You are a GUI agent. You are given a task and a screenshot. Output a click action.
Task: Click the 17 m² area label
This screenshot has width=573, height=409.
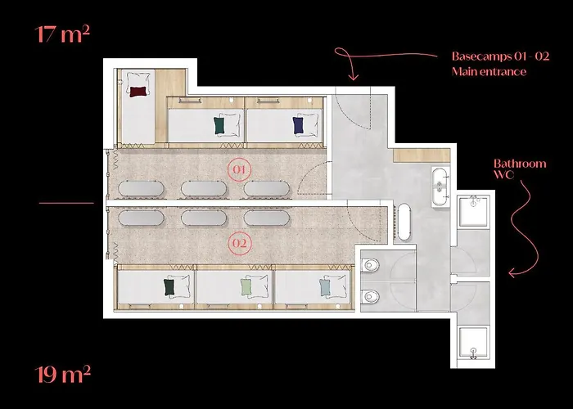(62, 35)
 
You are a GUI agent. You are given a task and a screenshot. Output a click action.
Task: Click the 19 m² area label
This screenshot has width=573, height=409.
(62, 375)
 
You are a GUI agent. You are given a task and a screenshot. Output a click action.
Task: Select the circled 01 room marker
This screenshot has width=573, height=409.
(239, 170)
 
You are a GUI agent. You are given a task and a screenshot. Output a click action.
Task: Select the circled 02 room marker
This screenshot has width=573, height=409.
(239, 243)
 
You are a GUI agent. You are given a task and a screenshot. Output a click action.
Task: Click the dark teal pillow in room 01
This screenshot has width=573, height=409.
(219, 125)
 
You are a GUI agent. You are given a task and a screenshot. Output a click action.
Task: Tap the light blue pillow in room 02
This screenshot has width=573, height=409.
(326, 287)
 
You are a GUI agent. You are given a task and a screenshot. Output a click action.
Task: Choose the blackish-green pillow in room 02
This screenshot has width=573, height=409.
(170, 287)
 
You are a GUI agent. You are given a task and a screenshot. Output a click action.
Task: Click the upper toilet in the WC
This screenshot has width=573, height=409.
(370, 266)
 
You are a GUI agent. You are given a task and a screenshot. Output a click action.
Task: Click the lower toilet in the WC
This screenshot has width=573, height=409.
(370, 295)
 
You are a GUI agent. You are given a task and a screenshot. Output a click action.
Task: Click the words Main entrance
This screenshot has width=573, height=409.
(489, 72)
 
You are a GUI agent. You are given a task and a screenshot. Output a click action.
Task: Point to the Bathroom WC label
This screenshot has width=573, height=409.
(520, 169)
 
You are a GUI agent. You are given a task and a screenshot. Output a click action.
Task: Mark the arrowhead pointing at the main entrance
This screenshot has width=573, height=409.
(353, 79)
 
